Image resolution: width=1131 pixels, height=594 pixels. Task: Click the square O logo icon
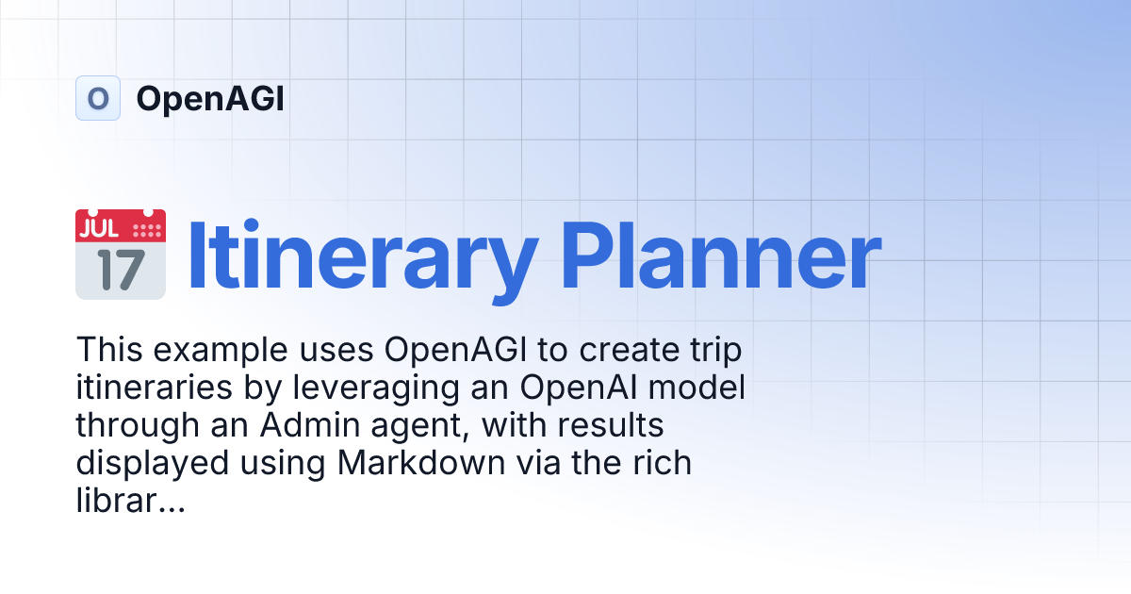[x=98, y=98]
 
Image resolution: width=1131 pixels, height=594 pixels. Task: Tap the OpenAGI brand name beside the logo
[x=209, y=99]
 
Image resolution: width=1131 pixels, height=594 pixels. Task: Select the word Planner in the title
[x=721, y=256]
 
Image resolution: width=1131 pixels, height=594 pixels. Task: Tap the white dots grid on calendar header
[x=145, y=229]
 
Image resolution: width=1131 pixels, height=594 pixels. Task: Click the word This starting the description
[x=107, y=350]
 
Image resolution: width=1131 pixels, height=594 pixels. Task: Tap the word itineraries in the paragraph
[x=148, y=388]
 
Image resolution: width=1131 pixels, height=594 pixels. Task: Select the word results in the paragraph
[x=611, y=426]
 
